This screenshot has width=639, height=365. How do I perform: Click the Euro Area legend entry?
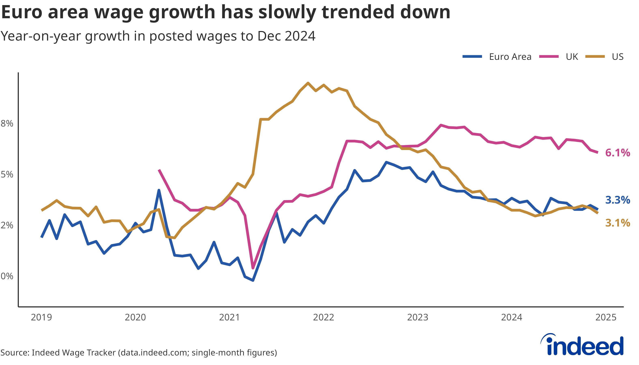pos(510,57)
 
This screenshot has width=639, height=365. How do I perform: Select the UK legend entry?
pos(572,57)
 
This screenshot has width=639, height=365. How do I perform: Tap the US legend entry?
pos(617,57)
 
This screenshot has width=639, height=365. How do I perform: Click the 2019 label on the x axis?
pos(41,317)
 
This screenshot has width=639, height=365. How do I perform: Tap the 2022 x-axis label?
pos(324,317)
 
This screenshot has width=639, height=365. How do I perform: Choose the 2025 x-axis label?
pos(606,317)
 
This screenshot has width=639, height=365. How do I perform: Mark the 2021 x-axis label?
pos(229,317)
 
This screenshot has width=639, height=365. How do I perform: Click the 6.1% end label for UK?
pos(617,153)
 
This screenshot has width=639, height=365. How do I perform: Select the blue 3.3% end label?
pos(617,200)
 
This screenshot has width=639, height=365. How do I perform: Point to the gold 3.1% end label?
pos(617,223)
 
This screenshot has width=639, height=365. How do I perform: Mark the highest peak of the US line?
pos(308,83)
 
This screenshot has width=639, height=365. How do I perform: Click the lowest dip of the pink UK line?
pos(253,268)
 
